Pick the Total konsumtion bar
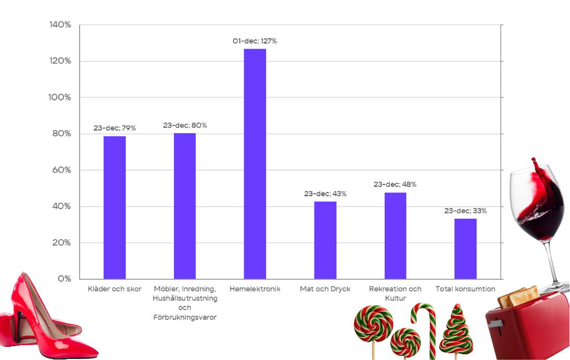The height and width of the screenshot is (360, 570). point(465,249)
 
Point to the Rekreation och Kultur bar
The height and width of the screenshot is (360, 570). point(395,236)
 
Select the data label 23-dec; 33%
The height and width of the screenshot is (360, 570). point(465,211)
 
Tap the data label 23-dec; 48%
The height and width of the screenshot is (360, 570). point(395,184)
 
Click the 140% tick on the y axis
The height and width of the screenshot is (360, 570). point(60,25)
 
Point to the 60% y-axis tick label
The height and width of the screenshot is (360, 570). point(61,170)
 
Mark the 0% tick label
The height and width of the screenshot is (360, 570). point(64,279)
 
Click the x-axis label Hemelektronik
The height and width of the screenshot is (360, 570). point(255,289)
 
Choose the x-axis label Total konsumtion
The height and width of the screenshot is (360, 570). point(465,289)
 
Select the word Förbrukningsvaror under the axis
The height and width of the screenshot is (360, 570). point(185,317)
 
